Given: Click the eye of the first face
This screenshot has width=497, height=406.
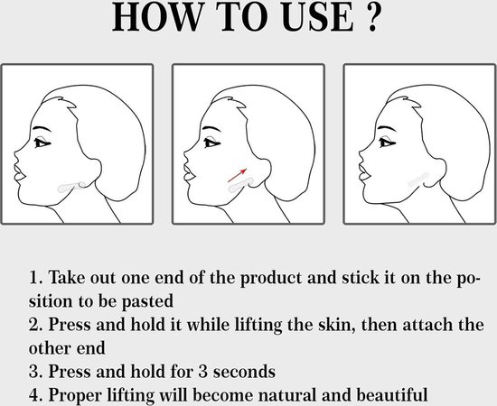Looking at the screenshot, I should click(x=41, y=143).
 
